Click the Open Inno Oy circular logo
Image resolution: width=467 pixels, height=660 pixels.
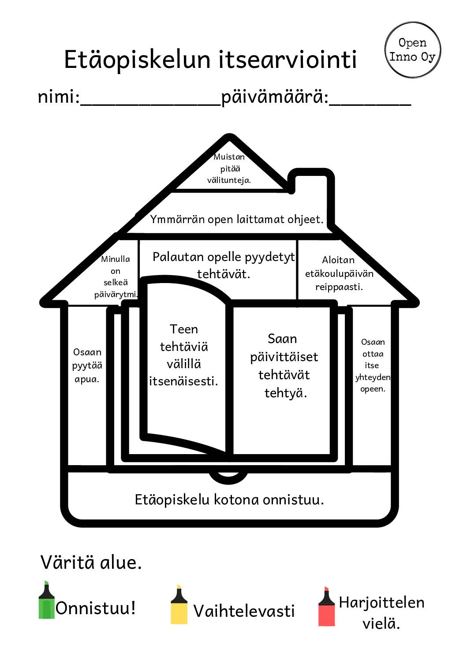[x=412, y=50]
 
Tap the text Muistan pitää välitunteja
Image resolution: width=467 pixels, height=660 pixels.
[x=229, y=168]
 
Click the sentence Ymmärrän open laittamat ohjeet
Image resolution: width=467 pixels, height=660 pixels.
[x=237, y=220]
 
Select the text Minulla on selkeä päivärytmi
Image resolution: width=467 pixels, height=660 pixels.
[x=116, y=277]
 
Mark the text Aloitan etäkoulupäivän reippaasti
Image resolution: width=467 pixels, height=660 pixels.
[x=339, y=273]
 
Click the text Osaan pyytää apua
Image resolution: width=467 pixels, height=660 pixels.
[x=87, y=365]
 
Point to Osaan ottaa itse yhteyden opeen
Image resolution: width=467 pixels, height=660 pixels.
[x=373, y=365]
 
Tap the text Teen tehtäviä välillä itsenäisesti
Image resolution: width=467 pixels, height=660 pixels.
[x=184, y=355]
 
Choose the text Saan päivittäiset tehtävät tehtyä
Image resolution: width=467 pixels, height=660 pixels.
[x=284, y=365]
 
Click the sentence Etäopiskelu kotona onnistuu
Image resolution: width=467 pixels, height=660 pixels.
[x=229, y=500]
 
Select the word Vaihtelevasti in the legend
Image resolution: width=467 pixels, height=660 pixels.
[x=244, y=611]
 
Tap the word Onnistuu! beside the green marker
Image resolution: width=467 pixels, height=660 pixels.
[x=95, y=608]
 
